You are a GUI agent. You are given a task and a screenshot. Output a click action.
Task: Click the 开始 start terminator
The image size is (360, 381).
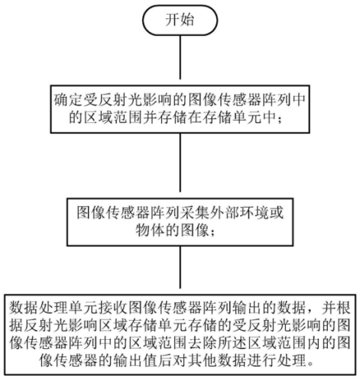pyautogui.click(x=180, y=20)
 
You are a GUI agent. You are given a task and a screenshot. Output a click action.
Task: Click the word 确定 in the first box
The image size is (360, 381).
pyautogui.click(x=68, y=100)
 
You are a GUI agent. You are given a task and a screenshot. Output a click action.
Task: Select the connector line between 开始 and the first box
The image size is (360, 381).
pyautogui.click(x=180, y=57)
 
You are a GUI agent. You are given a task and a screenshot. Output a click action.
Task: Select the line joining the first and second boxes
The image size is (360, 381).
pyautogui.click(x=180, y=162)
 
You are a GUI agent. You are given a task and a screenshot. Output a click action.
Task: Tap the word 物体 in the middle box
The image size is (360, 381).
pyautogui.click(x=151, y=230)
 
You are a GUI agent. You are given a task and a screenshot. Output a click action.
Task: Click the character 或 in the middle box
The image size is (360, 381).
pyautogui.click(x=276, y=212)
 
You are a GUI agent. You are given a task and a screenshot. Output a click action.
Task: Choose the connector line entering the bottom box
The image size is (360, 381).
pyautogui.click(x=180, y=267)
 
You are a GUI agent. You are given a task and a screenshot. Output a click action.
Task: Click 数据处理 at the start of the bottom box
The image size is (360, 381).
pyautogui.click(x=39, y=308)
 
